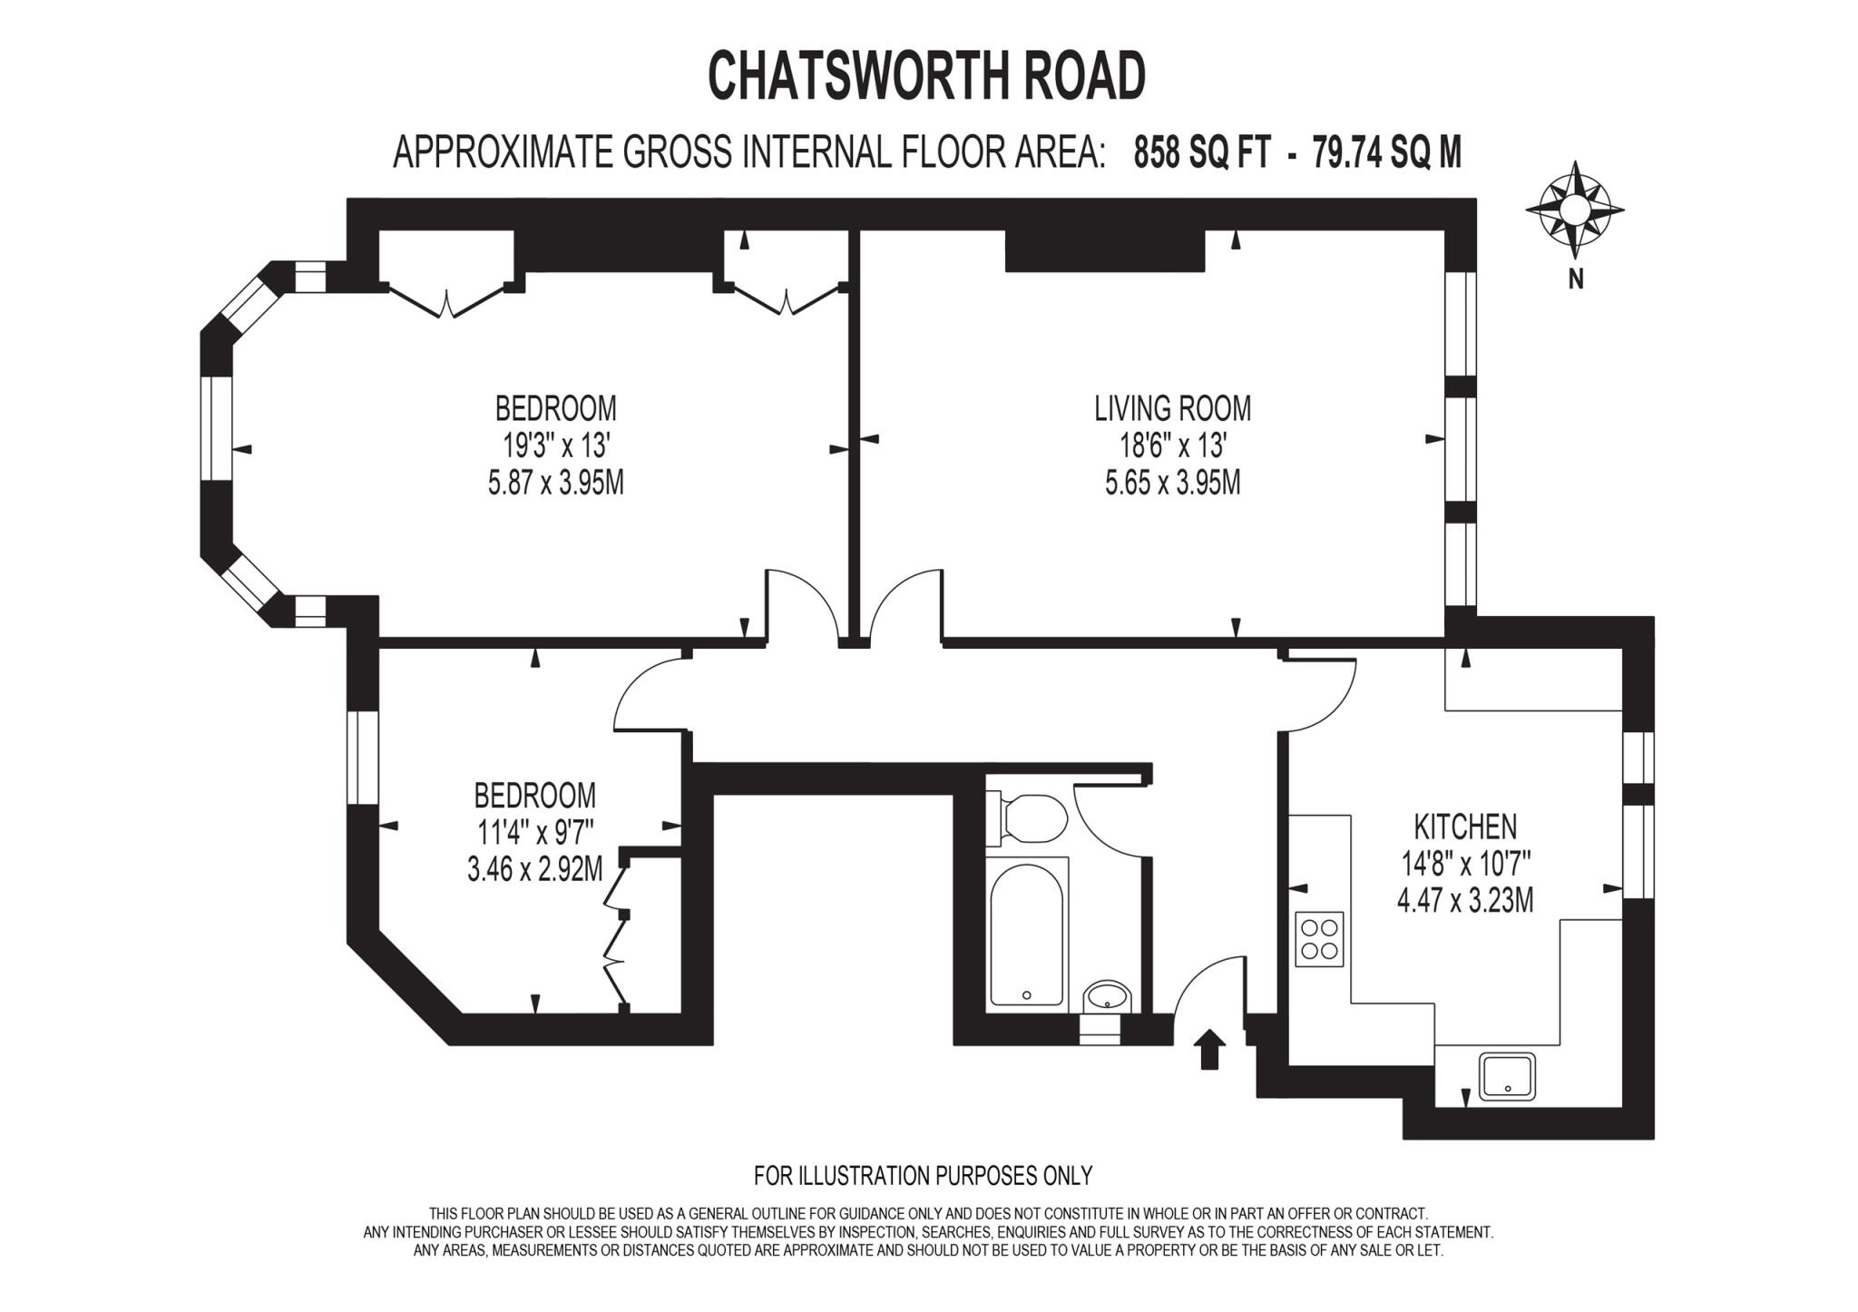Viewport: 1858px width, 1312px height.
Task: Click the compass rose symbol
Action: click(x=1575, y=210)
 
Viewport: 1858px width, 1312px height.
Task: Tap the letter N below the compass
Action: click(x=1576, y=279)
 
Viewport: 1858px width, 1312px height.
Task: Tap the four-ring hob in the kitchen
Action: click(x=1319, y=939)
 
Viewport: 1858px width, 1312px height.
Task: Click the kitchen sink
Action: click(x=1507, y=1076)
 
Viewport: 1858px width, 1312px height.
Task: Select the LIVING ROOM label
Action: click(x=1172, y=408)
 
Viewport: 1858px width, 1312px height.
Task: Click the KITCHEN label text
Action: click(x=1465, y=827)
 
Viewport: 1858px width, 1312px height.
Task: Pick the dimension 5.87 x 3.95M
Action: click(x=555, y=483)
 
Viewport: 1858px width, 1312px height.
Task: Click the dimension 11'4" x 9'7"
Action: click(x=534, y=833)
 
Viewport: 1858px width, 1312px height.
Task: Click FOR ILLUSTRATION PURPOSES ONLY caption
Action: click(x=923, y=1176)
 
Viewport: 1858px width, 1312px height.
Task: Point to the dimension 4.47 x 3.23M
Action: click(x=1465, y=902)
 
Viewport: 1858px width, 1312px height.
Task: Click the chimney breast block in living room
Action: click(x=1104, y=250)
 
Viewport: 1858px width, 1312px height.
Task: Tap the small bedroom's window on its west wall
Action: click(x=362, y=758)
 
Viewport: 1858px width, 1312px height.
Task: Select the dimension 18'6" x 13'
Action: click(x=1172, y=445)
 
